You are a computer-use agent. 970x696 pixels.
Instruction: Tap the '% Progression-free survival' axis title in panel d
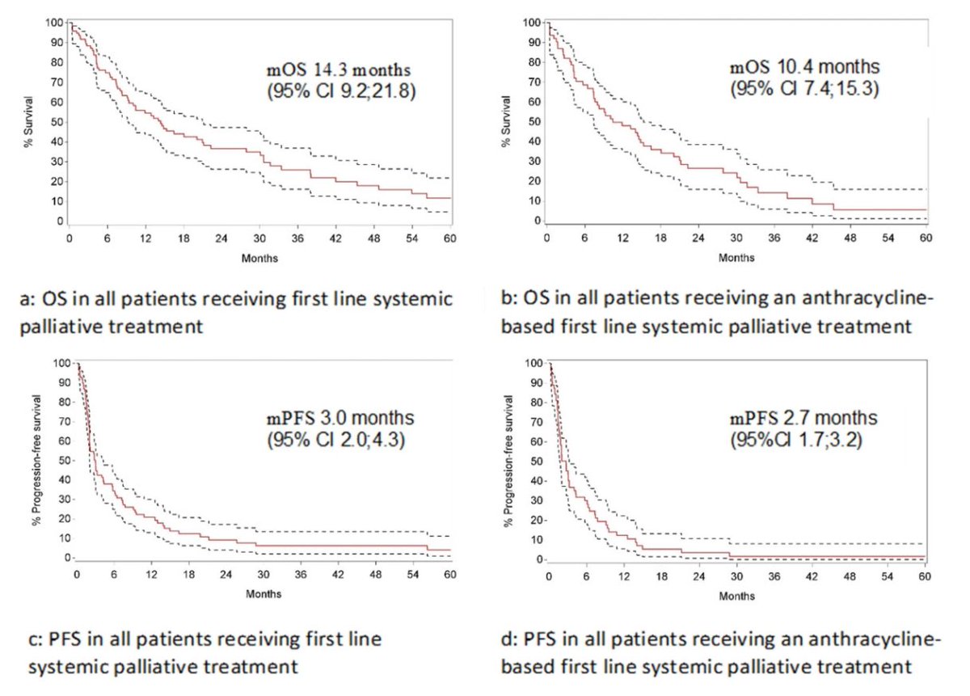click(507, 462)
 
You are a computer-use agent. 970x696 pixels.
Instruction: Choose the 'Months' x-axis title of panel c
click(264, 595)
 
